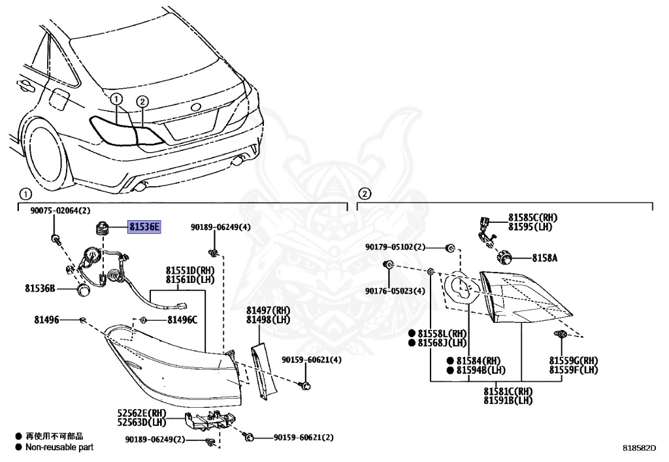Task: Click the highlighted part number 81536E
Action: coord(144,227)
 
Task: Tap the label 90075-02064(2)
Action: coord(60,210)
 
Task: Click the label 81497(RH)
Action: coord(268,310)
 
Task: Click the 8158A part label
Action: coord(544,258)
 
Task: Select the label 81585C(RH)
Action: coord(533,218)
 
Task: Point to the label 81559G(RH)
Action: coord(573,361)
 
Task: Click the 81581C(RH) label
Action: coord(508,391)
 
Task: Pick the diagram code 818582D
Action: coord(638,449)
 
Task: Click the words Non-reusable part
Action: coord(59,448)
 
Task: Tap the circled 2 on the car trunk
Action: coord(142,101)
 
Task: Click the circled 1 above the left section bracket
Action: coord(24,193)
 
